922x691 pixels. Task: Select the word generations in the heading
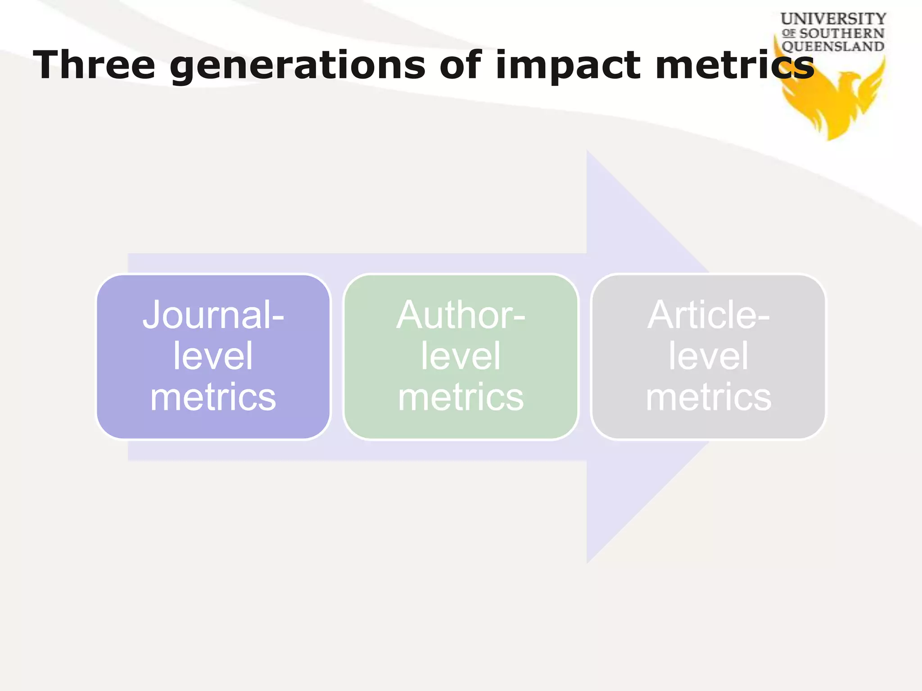pyautogui.click(x=297, y=66)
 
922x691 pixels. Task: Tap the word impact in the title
pyautogui.click(x=568, y=66)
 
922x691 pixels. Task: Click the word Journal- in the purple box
pyautogui.click(x=213, y=315)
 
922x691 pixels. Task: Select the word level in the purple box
pyautogui.click(x=213, y=356)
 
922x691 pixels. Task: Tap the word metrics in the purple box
pyautogui.click(x=213, y=397)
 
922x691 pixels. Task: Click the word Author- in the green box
pyautogui.click(x=461, y=315)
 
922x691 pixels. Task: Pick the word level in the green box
pyautogui.click(x=461, y=356)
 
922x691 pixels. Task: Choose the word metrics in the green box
pyautogui.click(x=461, y=397)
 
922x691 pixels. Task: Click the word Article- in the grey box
pyautogui.click(x=709, y=315)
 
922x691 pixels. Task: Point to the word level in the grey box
pyautogui.click(x=709, y=356)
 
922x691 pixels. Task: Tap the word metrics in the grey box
pyautogui.click(x=709, y=397)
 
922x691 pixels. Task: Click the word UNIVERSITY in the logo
pyautogui.click(x=833, y=19)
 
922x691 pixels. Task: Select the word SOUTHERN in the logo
pyautogui.click(x=841, y=33)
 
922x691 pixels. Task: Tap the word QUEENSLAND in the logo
pyautogui.click(x=833, y=46)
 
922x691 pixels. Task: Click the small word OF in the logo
pyautogui.click(x=789, y=33)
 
